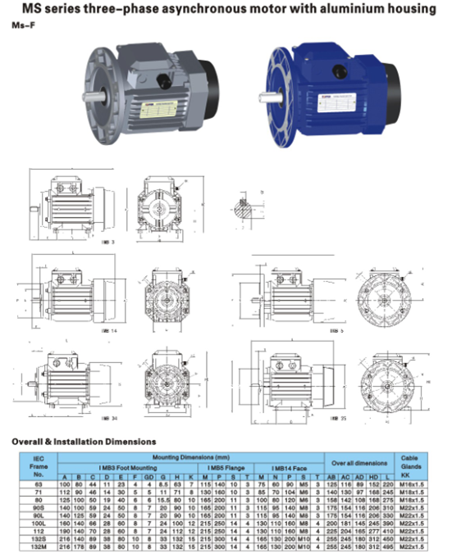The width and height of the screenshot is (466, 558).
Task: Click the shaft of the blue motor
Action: (x=266, y=98)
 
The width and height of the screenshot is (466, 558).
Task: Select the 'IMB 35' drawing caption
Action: (x=336, y=417)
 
